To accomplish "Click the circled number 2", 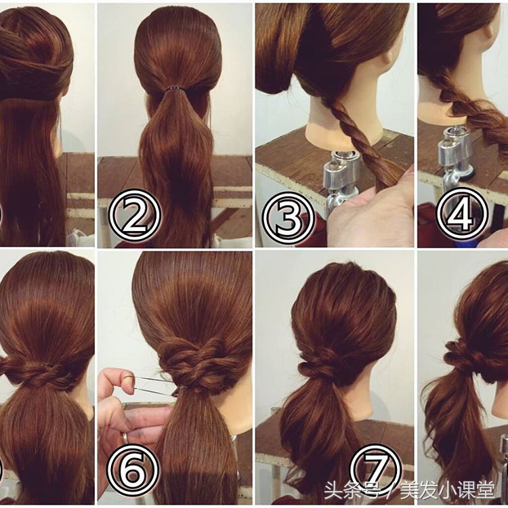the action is point(135,216).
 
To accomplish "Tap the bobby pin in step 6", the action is point(156,386).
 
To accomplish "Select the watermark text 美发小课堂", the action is point(448,490).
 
